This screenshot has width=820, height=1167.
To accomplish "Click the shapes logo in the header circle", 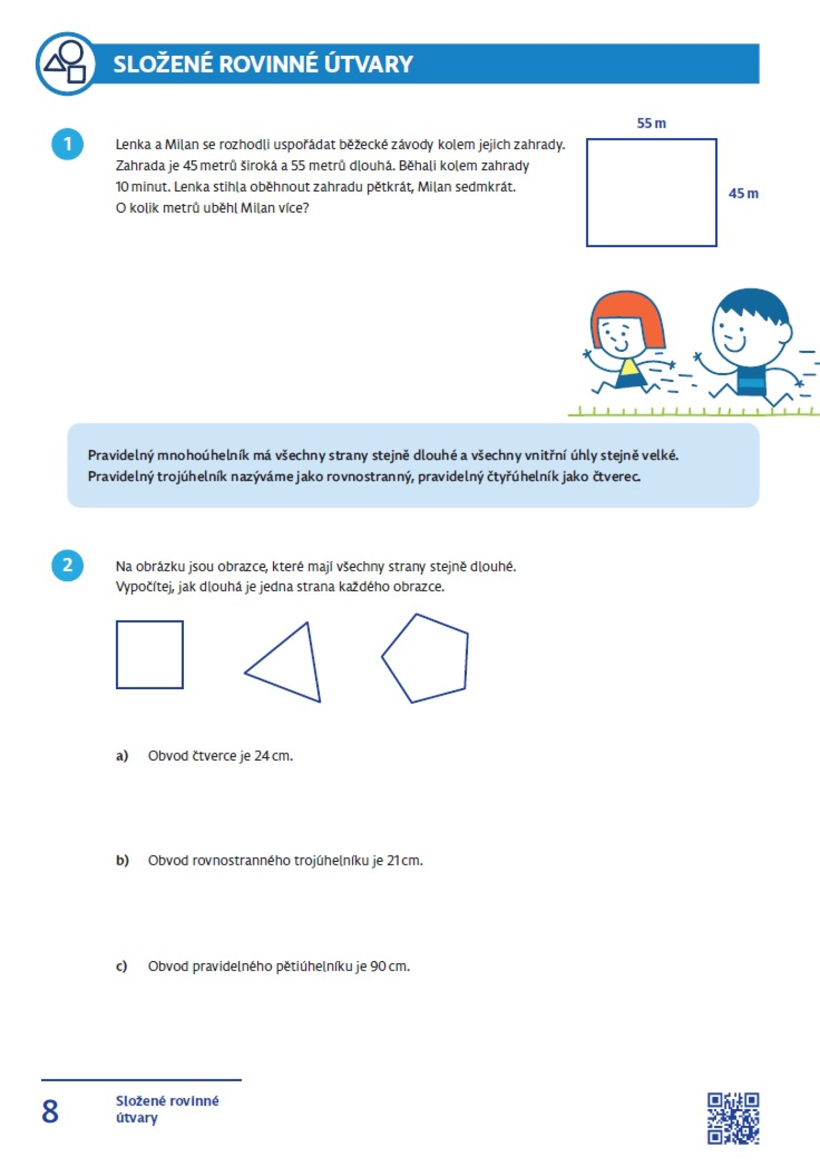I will point(66,63).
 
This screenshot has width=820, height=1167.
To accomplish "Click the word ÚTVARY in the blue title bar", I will point(368,64).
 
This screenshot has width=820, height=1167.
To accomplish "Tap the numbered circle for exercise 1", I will point(67,144).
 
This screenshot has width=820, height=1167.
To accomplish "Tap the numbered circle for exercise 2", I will point(67,565).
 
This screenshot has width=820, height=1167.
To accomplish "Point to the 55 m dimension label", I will point(651,123).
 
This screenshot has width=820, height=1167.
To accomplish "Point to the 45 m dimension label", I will point(743,193).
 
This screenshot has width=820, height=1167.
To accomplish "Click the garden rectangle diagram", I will point(651,193).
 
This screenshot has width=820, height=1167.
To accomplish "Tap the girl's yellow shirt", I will point(629,367).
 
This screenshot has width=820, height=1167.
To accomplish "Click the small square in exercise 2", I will point(149,654).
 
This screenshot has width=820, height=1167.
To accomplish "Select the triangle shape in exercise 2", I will point(291,665).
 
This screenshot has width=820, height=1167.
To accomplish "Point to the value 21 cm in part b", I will point(404,860).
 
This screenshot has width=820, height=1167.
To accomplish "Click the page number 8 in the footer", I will point(50,1111).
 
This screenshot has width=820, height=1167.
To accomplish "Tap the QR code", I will point(733,1118).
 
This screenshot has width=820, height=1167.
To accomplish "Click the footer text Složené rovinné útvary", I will point(167,1109).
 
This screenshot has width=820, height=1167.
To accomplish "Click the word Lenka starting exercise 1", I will point(134,145).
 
